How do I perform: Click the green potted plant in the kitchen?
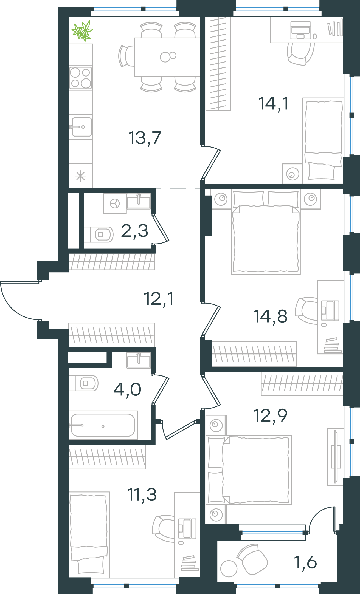82,31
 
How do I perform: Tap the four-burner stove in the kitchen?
80,78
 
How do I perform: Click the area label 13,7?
145,138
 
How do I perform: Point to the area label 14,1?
273,104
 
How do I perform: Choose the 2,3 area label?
134,231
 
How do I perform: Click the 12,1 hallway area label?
159,299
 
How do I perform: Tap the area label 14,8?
270,316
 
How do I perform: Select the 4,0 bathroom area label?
127,389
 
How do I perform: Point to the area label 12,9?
270,415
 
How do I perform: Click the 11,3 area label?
142,494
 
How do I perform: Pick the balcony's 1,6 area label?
305,562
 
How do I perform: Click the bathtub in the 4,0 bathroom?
103,425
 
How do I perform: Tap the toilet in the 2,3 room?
99,234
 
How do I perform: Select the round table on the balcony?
229,568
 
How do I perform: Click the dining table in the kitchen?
167,57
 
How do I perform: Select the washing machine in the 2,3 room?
115,204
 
